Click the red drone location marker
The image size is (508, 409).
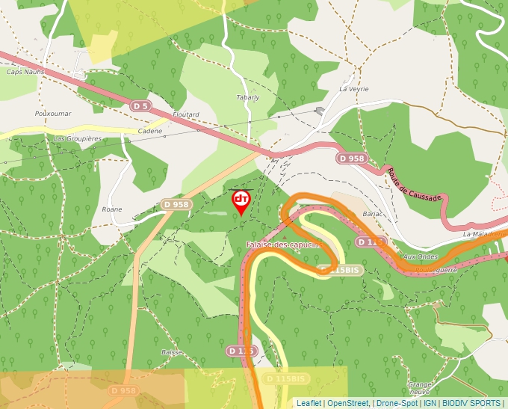click(241, 200)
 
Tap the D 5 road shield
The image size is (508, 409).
click(140, 106)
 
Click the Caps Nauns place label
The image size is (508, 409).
click(25, 72)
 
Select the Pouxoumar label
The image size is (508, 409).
click(52, 114)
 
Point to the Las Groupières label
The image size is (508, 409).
click(78, 139)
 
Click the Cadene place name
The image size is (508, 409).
click(150, 131)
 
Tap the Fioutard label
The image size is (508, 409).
click(186, 114)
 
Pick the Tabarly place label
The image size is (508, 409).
click(248, 97)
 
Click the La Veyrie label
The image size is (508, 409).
click(354, 88)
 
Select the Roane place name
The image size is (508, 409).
click(112, 209)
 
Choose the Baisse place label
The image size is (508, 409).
click(172, 351)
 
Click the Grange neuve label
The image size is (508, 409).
click(419, 388)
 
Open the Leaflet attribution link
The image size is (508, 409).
click(309, 403)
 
